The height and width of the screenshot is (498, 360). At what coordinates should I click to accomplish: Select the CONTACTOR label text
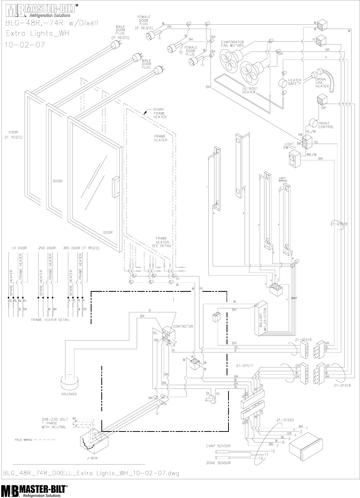(x=183, y=326)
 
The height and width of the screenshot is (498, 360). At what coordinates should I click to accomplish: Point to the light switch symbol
(x=294, y=160)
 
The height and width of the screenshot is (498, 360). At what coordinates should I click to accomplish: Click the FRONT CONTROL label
(x=326, y=125)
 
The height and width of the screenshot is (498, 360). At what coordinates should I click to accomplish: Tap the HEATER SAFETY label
(x=295, y=82)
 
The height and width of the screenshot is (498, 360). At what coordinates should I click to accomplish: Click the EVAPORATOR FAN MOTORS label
(x=233, y=44)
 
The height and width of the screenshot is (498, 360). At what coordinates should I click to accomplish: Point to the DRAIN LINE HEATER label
(x=322, y=82)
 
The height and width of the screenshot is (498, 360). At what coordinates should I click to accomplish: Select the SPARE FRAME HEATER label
(x=160, y=113)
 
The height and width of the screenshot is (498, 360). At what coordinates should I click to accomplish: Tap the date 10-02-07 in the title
(x=23, y=45)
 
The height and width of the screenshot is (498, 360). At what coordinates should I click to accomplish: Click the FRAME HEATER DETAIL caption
(x=50, y=320)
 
